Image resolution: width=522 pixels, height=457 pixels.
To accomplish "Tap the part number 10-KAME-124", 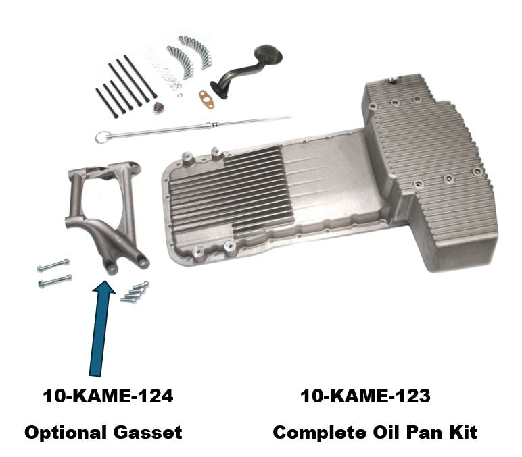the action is (108, 396).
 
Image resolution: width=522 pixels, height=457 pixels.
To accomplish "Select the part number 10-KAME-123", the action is (365, 396).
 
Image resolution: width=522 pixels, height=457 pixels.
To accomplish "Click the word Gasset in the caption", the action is (147, 433).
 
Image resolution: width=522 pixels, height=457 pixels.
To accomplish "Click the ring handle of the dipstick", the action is (100, 137).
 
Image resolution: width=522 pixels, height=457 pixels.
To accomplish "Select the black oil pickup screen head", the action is (268, 55).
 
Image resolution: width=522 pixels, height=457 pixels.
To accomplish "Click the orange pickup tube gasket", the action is (207, 99).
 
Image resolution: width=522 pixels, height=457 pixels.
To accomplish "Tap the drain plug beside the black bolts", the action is (158, 107).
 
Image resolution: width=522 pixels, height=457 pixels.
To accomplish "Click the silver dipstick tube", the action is (193, 128).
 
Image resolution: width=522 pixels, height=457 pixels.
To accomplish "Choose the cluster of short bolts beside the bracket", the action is (135, 292).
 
